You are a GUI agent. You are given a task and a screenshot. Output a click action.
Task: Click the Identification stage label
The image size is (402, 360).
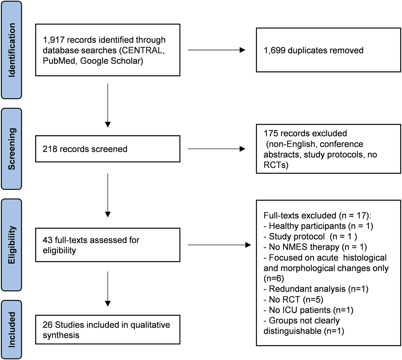pyautogui.click(x=11, y=50)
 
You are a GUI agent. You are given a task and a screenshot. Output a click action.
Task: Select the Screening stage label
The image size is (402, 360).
pyautogui.click(x=11, y=149)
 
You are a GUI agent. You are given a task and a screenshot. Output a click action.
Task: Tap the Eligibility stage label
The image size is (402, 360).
pyautogui.click(x=11, y=245)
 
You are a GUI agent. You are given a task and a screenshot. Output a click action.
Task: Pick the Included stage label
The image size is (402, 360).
pyautogui.click(x=11, y=329)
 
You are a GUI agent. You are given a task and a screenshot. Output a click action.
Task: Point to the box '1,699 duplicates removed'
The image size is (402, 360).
pyautogui.click(x=328, y=50)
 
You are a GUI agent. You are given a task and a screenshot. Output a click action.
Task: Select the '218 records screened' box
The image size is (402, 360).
pyautogui.click(x=108, y=149)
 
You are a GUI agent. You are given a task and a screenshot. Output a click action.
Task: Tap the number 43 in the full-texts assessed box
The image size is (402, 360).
pyautogui.click(x=48, y=240)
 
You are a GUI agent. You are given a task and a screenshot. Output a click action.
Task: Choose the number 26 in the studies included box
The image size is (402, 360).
pyautogui.click(x=48, y=325)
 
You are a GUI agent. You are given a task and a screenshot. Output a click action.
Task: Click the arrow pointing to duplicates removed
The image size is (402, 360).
pyautogui.click(x=216, y=50)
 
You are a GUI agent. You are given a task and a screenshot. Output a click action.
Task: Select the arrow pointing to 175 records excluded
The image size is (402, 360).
pyautogui.click(x=216, y=149)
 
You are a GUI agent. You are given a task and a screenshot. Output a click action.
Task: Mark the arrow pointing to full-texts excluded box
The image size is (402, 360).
pyautogui.click(x=219, y=245)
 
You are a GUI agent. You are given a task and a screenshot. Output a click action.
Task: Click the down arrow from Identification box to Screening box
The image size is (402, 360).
pyautogui.click(x=108, y=105)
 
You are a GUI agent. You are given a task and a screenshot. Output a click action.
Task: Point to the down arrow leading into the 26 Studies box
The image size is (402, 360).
pyautogui.click(x=108, y=289)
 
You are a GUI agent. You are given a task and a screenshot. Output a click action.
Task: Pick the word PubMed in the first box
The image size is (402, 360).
pyautogui.click(x=59, y=61)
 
